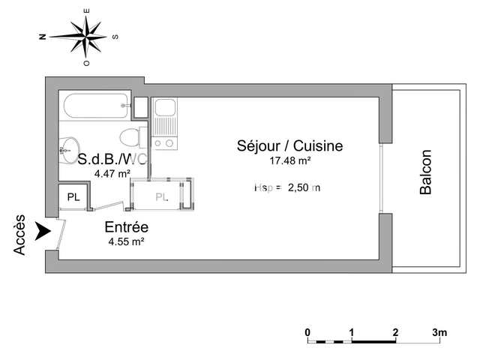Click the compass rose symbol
point(88,36)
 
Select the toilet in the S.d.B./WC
point(132,138)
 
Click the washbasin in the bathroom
point(72,147)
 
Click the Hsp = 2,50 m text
point(287,187)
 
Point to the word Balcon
point(425,173)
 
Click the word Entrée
point(126,227)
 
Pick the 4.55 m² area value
point(126,241)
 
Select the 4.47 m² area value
point(112,174)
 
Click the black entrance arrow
point(46,232)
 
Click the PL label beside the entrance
point(73,197)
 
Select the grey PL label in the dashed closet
point(162,197)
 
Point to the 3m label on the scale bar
point(439,332)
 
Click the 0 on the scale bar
point(307,332)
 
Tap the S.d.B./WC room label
point(112,159)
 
